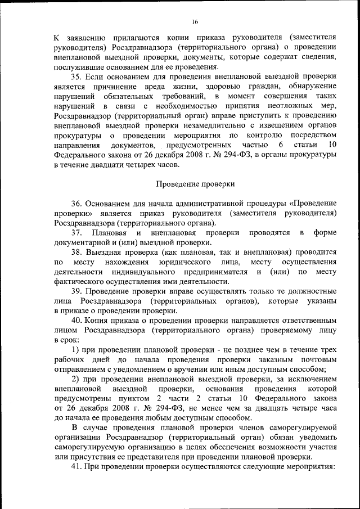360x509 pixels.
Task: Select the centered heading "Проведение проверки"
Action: (x=195, y=184)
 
